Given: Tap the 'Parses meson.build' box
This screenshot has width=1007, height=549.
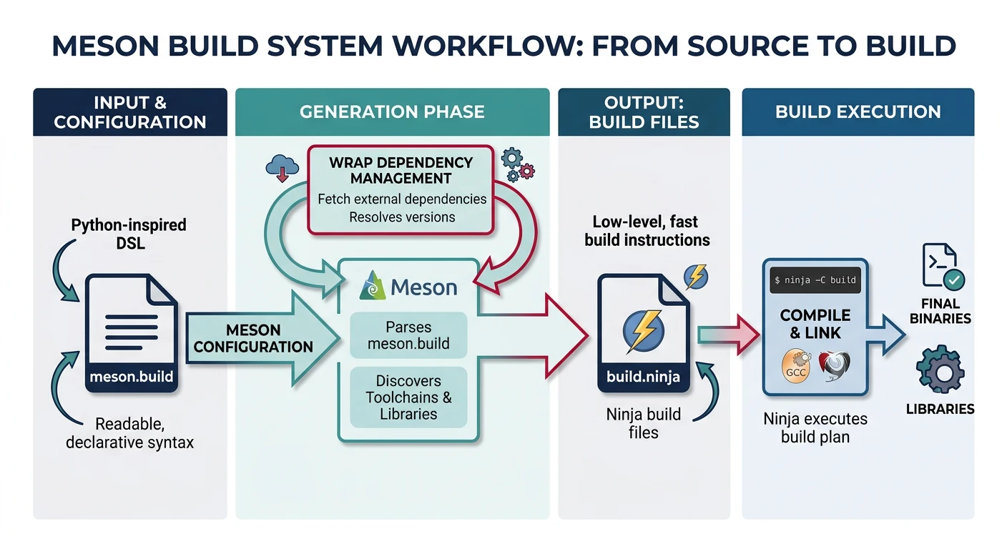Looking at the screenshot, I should click(408, 335).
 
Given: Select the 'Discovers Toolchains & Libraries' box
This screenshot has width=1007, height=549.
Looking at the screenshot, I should click(408, 397).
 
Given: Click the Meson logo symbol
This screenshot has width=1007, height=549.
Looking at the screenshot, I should click(374, 287).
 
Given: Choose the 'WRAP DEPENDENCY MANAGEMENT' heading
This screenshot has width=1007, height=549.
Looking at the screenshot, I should click(401, 170).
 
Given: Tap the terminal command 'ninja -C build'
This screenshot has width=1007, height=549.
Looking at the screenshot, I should click(815, 280).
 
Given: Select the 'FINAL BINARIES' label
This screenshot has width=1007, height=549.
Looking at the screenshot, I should click(940, 311).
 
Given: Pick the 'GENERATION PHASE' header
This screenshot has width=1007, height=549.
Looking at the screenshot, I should click(392, 112).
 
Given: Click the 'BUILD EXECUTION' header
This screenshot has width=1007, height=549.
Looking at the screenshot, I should click(858, 112).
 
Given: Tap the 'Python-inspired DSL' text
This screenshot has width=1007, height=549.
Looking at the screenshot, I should click(129, 234).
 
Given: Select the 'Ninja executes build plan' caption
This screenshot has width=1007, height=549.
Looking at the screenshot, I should click(815, 427).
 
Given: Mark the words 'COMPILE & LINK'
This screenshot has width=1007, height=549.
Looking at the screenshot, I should click(815, 324).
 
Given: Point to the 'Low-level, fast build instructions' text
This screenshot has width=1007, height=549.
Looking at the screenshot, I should click(647, 231).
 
